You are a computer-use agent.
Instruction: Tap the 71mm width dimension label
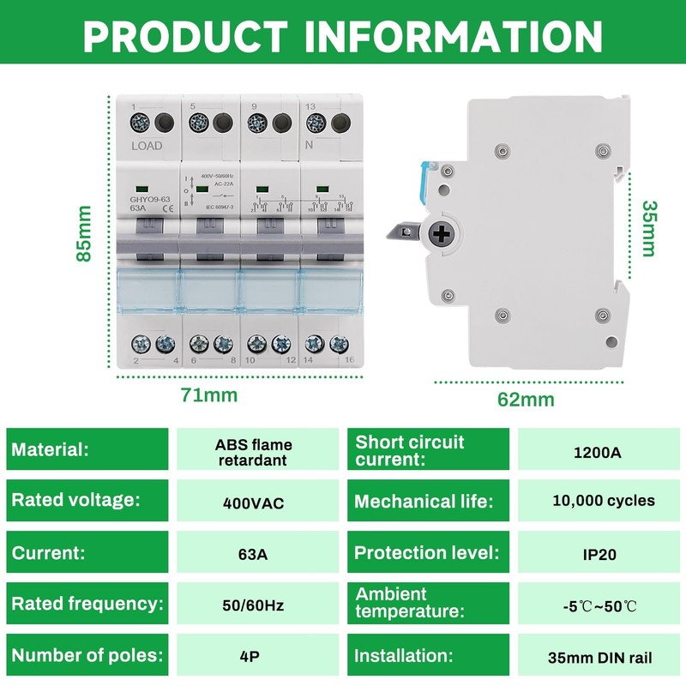208,395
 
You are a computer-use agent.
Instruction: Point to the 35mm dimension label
648,228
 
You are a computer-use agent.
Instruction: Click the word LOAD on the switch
147,146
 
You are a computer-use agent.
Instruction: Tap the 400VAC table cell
253,502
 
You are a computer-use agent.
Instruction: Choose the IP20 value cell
601,554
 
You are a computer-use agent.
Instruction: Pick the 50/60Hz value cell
253,605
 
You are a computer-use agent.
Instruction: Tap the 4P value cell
253,658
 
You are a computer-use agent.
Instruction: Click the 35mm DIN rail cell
600,659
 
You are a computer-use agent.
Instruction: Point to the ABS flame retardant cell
253,452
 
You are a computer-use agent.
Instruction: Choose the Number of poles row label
87,656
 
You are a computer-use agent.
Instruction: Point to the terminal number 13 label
310,105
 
